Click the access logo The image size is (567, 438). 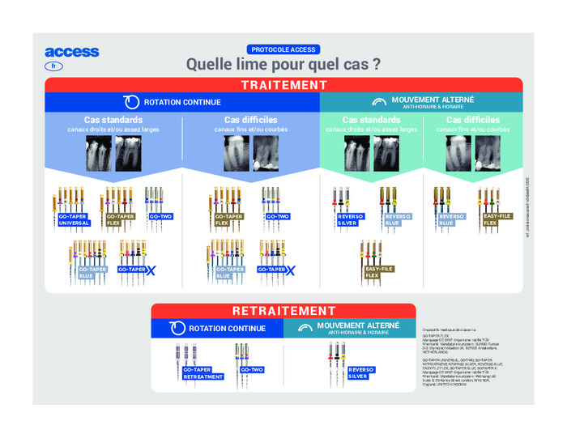point(72,52)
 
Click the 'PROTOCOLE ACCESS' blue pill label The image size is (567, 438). point(283,49)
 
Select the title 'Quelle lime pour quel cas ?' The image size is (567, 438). point(283,63)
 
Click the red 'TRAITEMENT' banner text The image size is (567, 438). point(283,85)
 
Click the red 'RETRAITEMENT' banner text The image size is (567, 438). point(283,311)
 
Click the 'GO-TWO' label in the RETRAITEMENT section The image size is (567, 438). point(252,370)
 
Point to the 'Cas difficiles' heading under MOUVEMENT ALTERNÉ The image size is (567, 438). point(473,120)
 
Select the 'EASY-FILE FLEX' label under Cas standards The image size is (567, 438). point(377,271)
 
